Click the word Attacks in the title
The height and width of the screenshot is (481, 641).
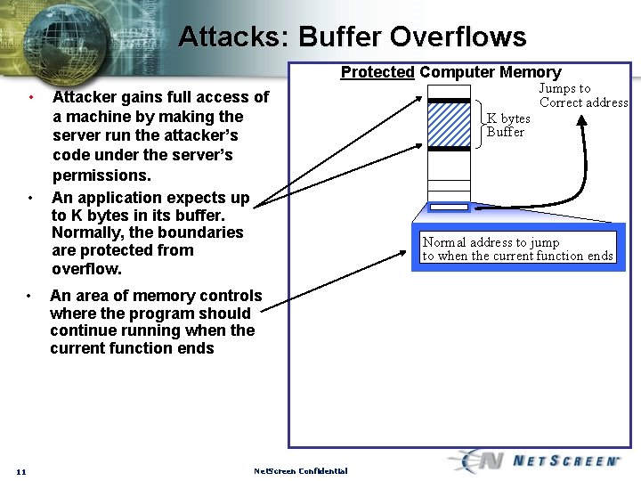[232, 37]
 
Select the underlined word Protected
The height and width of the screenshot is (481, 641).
[377, 72]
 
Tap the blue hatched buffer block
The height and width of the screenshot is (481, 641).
[448, 124]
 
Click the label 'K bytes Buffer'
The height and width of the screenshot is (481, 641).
[507, 126]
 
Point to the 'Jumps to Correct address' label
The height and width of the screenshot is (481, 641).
[583, 95]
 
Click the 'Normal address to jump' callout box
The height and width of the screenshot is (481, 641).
[518, 249]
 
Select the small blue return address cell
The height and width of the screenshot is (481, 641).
[448, 207]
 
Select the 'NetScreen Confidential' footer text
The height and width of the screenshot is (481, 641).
[301, 471]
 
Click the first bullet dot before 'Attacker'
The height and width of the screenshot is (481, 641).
[30, 96]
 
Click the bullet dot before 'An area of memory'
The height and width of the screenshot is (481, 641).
[30, 295]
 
